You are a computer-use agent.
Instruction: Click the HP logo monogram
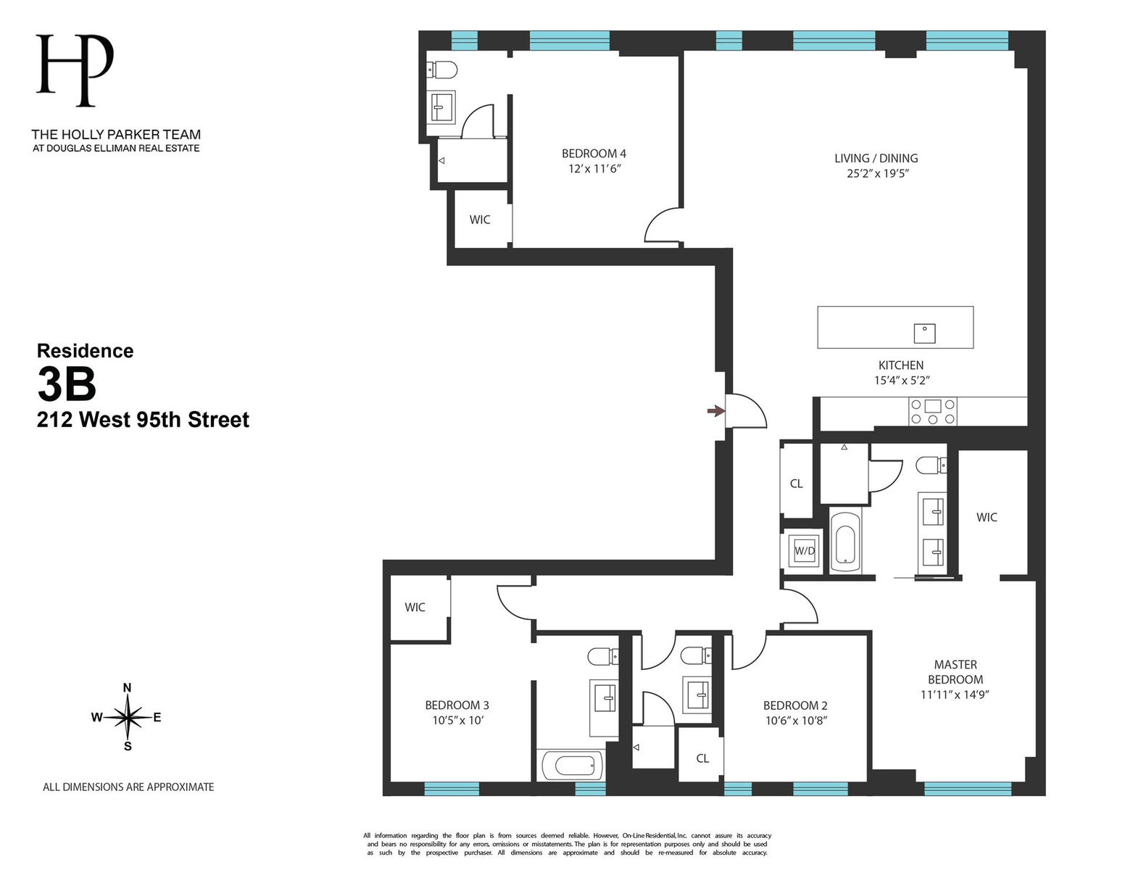pyautogui.click(x=75, y=70)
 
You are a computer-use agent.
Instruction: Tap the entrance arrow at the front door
pyautogui.click(x=715, y=411)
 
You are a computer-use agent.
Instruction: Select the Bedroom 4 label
pyautogui.click(x=594, y=154)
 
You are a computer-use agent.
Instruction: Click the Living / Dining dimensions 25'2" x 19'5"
pyautogui.click(x=877, y=173)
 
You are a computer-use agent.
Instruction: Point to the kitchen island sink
pyautogui.click(x=924, y=333)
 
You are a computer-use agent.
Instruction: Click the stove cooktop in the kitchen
pyautogui.click(x=933, y=412)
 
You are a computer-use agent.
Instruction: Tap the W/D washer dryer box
pyautogui.click(x=805, y=551)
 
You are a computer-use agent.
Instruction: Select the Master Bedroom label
pyautogui.click(x=955, y=672)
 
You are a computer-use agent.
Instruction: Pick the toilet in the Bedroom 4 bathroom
pyautogui.click(x=443, y=70)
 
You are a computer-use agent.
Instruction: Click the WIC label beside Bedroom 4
pyautogui.click(x=480, y=220)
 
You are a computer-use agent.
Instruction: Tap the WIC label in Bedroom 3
pyautogui.click(x=415, y=608)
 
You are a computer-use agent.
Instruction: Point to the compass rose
pyautogui.click(x=128, y=717)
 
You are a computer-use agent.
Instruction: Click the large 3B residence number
pyautogui.click(x=67, y=384)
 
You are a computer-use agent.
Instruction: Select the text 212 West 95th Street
pyautogui.click(x=143, y=420)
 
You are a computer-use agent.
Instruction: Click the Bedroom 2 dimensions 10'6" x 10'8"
pyautogui.click(x=796, y=721)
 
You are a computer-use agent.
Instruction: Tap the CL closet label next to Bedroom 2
pyautogui.click(x=702, y=758)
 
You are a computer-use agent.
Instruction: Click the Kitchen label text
pyautogui.click(x=901, y=365)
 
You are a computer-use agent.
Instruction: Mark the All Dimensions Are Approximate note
pyautogui.click(x=128, y=787)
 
